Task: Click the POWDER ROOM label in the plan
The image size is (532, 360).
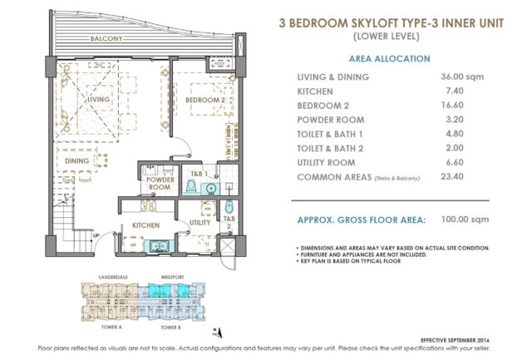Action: click(158, 183)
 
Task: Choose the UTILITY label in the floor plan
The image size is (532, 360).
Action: click(199, 223)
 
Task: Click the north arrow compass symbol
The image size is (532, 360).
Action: click(215, 330)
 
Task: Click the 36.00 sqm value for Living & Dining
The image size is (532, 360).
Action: click(461, 76)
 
